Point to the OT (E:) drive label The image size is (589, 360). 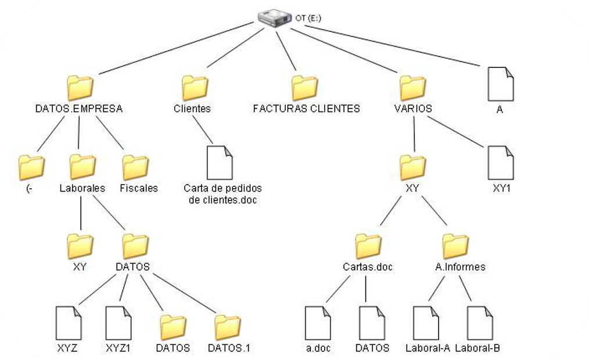[x=308, y=19]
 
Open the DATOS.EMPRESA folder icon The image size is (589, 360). [x=80, y=87]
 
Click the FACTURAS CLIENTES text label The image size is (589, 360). [x=306, y=109]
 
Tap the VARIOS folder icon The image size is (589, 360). [x=413, y=87]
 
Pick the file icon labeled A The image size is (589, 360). [x=500, y=84]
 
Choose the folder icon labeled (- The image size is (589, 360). [x=31, y=167]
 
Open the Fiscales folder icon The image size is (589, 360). [x=135, y=167]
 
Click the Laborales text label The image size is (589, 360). [x=82, y=188]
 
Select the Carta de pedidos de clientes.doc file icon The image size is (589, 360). [x=220, y=163]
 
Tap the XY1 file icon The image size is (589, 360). [x=501, y=163]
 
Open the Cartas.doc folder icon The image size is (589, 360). [x=368, y=246]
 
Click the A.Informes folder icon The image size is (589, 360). [x=455, y=246]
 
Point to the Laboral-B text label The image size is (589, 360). [x=477, y=348]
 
